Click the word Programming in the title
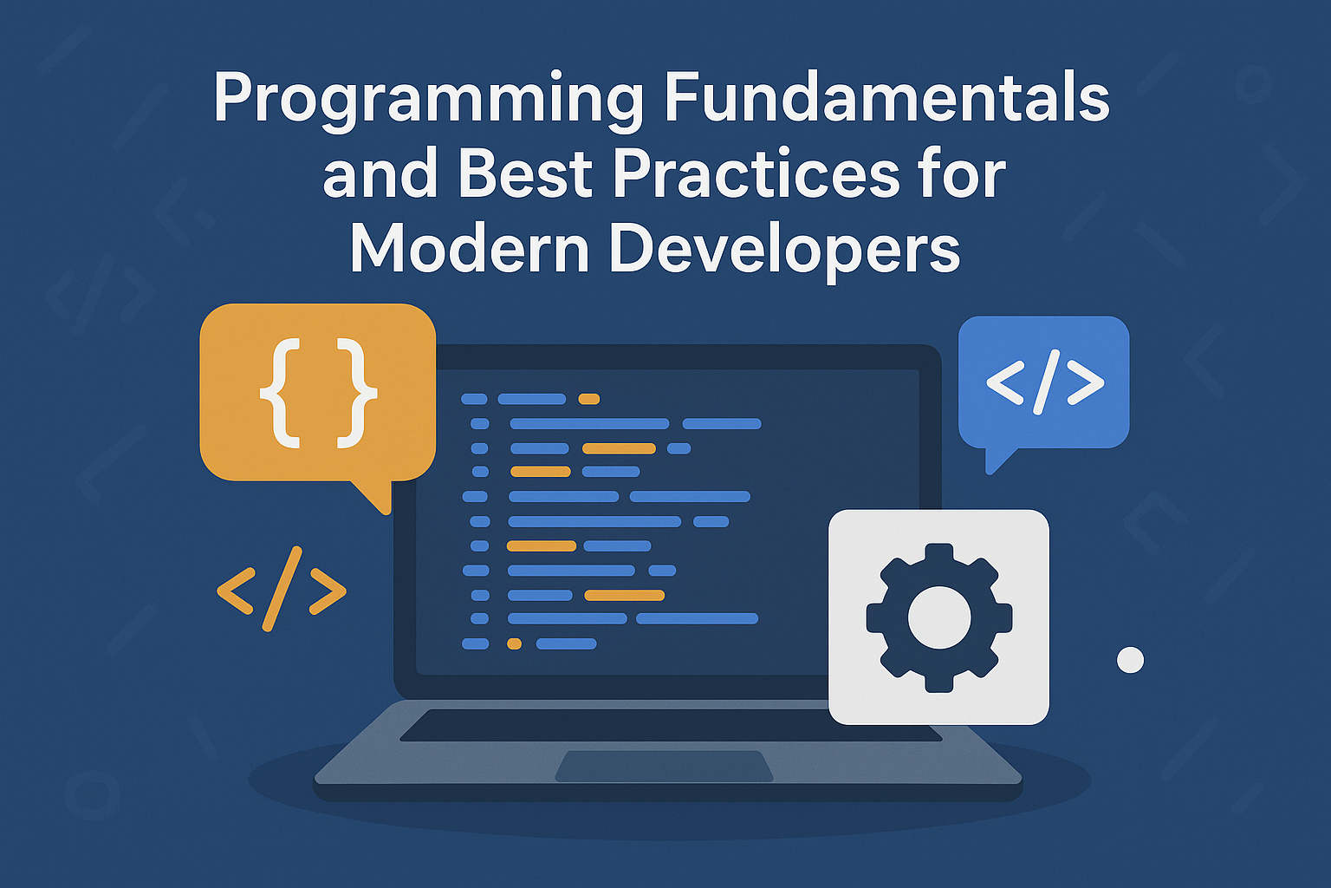(429, 101)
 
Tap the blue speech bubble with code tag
(1043, 387)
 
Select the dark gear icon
(938, 617)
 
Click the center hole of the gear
(939, 617)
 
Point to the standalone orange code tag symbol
(281, 589)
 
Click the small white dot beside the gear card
(1130, 660)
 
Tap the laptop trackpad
(664, 766)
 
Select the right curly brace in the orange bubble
(356, 393)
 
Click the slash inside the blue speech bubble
(1046, 382)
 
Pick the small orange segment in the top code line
(589, 399)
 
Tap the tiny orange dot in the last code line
(515, 643)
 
